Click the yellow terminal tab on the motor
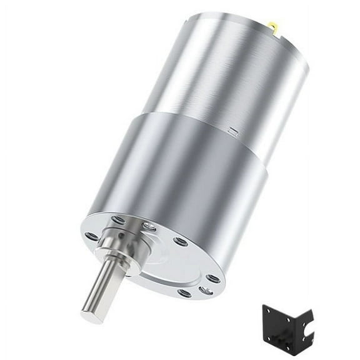click(272, 26)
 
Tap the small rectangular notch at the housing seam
click(233, 131)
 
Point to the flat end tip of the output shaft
click(91, 315)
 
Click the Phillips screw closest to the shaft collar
click(149, 226)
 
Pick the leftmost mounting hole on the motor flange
click(91, 236)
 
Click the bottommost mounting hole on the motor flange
click(184, 292)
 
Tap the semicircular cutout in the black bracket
click(307, 328)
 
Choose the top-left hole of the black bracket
click(268, 311)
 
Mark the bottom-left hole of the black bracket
click(269, 339)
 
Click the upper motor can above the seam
click(225, 69)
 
